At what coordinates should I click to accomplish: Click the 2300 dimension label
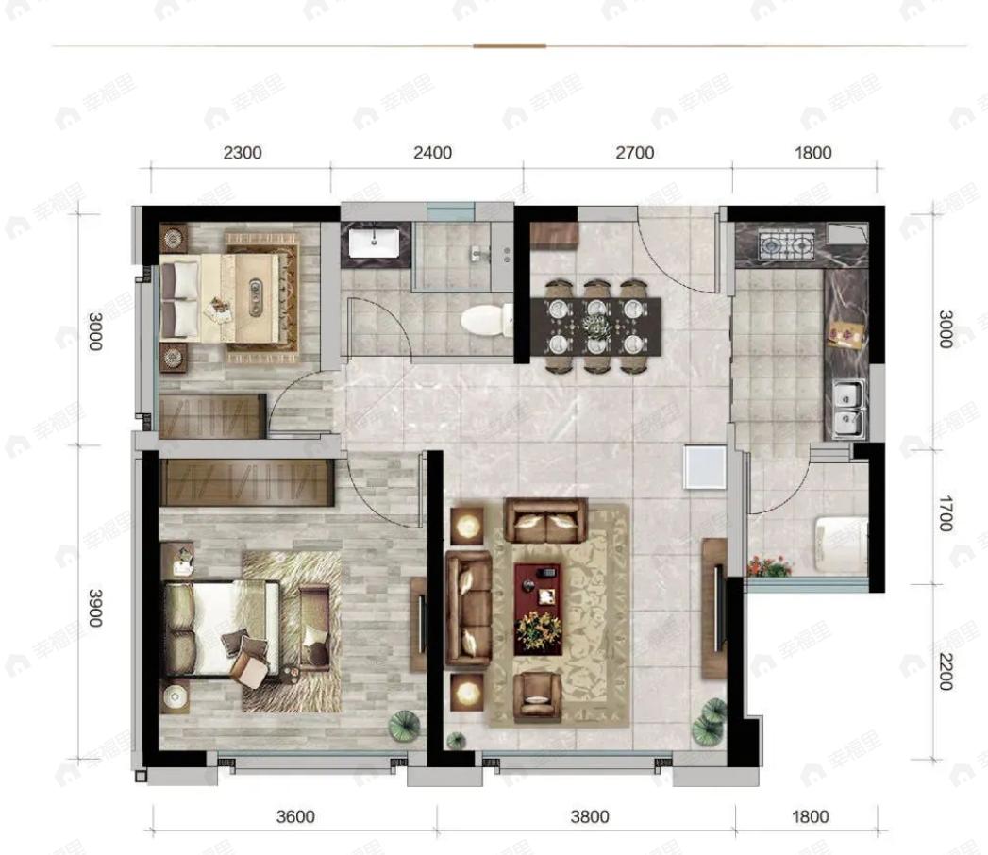tap(243, 153)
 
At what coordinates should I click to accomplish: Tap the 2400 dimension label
tap(432, 153)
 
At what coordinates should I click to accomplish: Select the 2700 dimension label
tap(634, 153)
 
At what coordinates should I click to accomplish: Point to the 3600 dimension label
tap(295, 816)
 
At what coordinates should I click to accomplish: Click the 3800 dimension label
tap(590, 816)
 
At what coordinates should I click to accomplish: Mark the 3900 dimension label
tap(95, 608)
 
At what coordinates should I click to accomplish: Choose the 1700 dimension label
tap(946, 513)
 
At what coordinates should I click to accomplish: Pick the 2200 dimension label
tap(946, 672)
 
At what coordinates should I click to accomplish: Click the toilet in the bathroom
tap(487, 319)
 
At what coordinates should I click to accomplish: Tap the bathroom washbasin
tap(375, 243)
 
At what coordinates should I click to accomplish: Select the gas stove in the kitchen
tap(786, 245)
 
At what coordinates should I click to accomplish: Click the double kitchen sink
tap(848, 409)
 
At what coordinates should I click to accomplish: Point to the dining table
tap(596, 326)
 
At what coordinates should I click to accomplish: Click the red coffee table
tap(538, 609)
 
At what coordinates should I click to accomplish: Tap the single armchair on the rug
tap(538, 697)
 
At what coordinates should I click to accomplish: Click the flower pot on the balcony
tap(769, 566)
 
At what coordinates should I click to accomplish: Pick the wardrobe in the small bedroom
tap(212, 416)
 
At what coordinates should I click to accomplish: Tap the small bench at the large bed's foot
tap(314, 628)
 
